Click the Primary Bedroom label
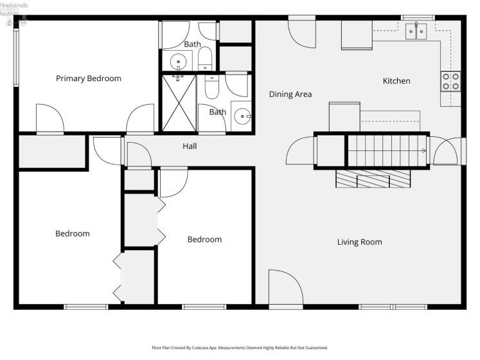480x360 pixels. [x=88, y=78]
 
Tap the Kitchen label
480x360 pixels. [x=396, y=81]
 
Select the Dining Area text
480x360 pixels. [x=290, y=94]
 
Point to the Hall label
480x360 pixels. [x=190, y=147]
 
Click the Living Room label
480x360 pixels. [x=359, y=242]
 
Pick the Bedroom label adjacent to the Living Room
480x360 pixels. [x=204, y=240]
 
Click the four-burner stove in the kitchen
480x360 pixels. [x=450, y=81]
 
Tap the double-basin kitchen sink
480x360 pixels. [x=416, y=30]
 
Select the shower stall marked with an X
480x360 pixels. [x=179, y=103]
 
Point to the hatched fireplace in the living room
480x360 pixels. [x=373, y=179]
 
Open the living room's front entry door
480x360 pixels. [x=284, y=289]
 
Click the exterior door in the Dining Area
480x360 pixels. [x=302, y=31]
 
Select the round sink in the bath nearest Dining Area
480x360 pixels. [x=242, y=116]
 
